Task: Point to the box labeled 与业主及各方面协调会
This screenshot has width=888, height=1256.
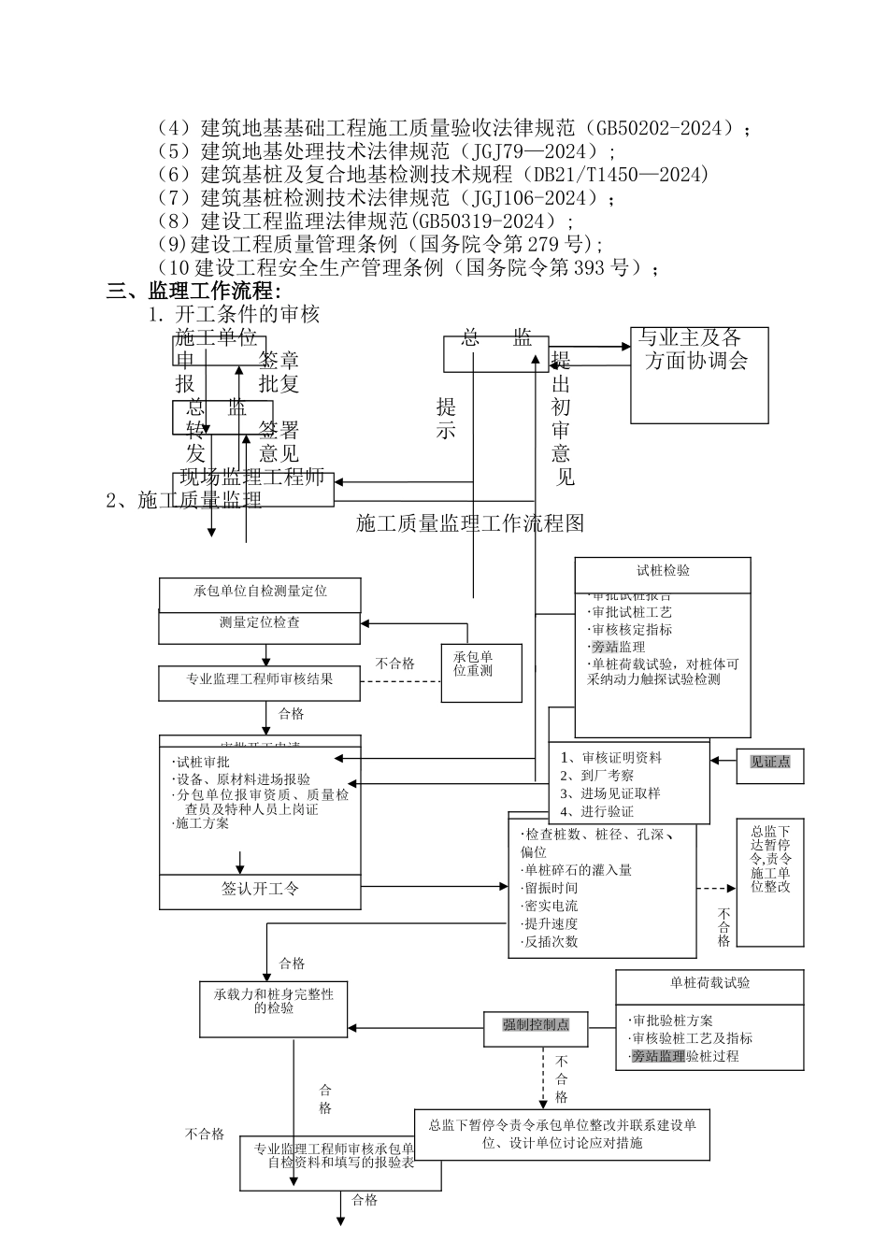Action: [698, 374]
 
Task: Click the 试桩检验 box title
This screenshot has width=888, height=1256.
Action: [662, 572]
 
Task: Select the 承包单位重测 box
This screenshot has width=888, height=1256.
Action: [480, 672]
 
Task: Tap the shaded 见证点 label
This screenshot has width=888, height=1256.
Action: [769, 762]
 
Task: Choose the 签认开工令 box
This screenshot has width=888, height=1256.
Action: [260, 889]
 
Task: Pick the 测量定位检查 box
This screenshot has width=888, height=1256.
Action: [259, 623]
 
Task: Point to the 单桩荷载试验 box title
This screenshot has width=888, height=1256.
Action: [709, 984]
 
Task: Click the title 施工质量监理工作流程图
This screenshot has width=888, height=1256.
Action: [470, 523]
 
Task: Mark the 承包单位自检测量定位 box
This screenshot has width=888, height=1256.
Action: [260, 592]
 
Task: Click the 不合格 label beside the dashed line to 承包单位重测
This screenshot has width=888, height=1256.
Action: [394, 664]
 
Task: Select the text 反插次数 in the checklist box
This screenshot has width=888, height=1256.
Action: [551, 942]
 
